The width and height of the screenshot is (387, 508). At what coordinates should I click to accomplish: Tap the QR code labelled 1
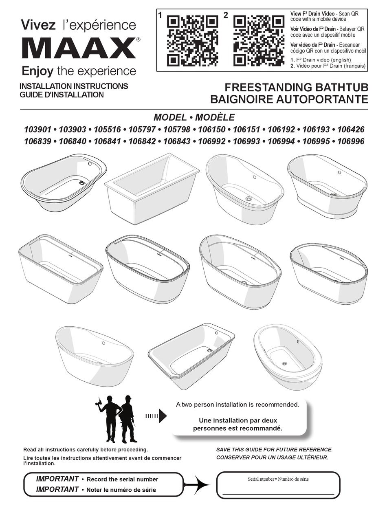coord(192,41)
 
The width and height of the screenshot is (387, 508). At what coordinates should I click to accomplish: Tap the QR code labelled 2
coord(259,41)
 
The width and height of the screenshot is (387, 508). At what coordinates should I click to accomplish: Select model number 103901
coord(37,130)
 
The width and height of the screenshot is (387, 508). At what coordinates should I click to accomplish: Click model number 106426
coord(351,130)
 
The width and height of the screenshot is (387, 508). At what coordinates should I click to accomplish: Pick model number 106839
coord(37,141)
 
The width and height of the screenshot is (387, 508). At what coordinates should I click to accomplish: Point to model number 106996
coord(351,141)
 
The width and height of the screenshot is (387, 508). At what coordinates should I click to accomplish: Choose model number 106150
coord(212,130)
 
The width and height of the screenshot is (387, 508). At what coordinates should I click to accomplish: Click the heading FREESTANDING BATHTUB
coord(296,88)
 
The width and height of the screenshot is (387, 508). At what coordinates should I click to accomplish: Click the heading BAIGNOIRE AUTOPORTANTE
coord(289,99)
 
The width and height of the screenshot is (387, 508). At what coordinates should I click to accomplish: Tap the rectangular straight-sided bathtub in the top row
coord(152,188)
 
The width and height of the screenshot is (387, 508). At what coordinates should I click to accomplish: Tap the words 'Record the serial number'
coord(122,479)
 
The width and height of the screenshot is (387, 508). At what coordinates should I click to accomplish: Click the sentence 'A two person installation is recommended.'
coord(237,405)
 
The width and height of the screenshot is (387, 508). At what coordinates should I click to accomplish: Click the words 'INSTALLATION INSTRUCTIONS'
coord(74,86)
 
